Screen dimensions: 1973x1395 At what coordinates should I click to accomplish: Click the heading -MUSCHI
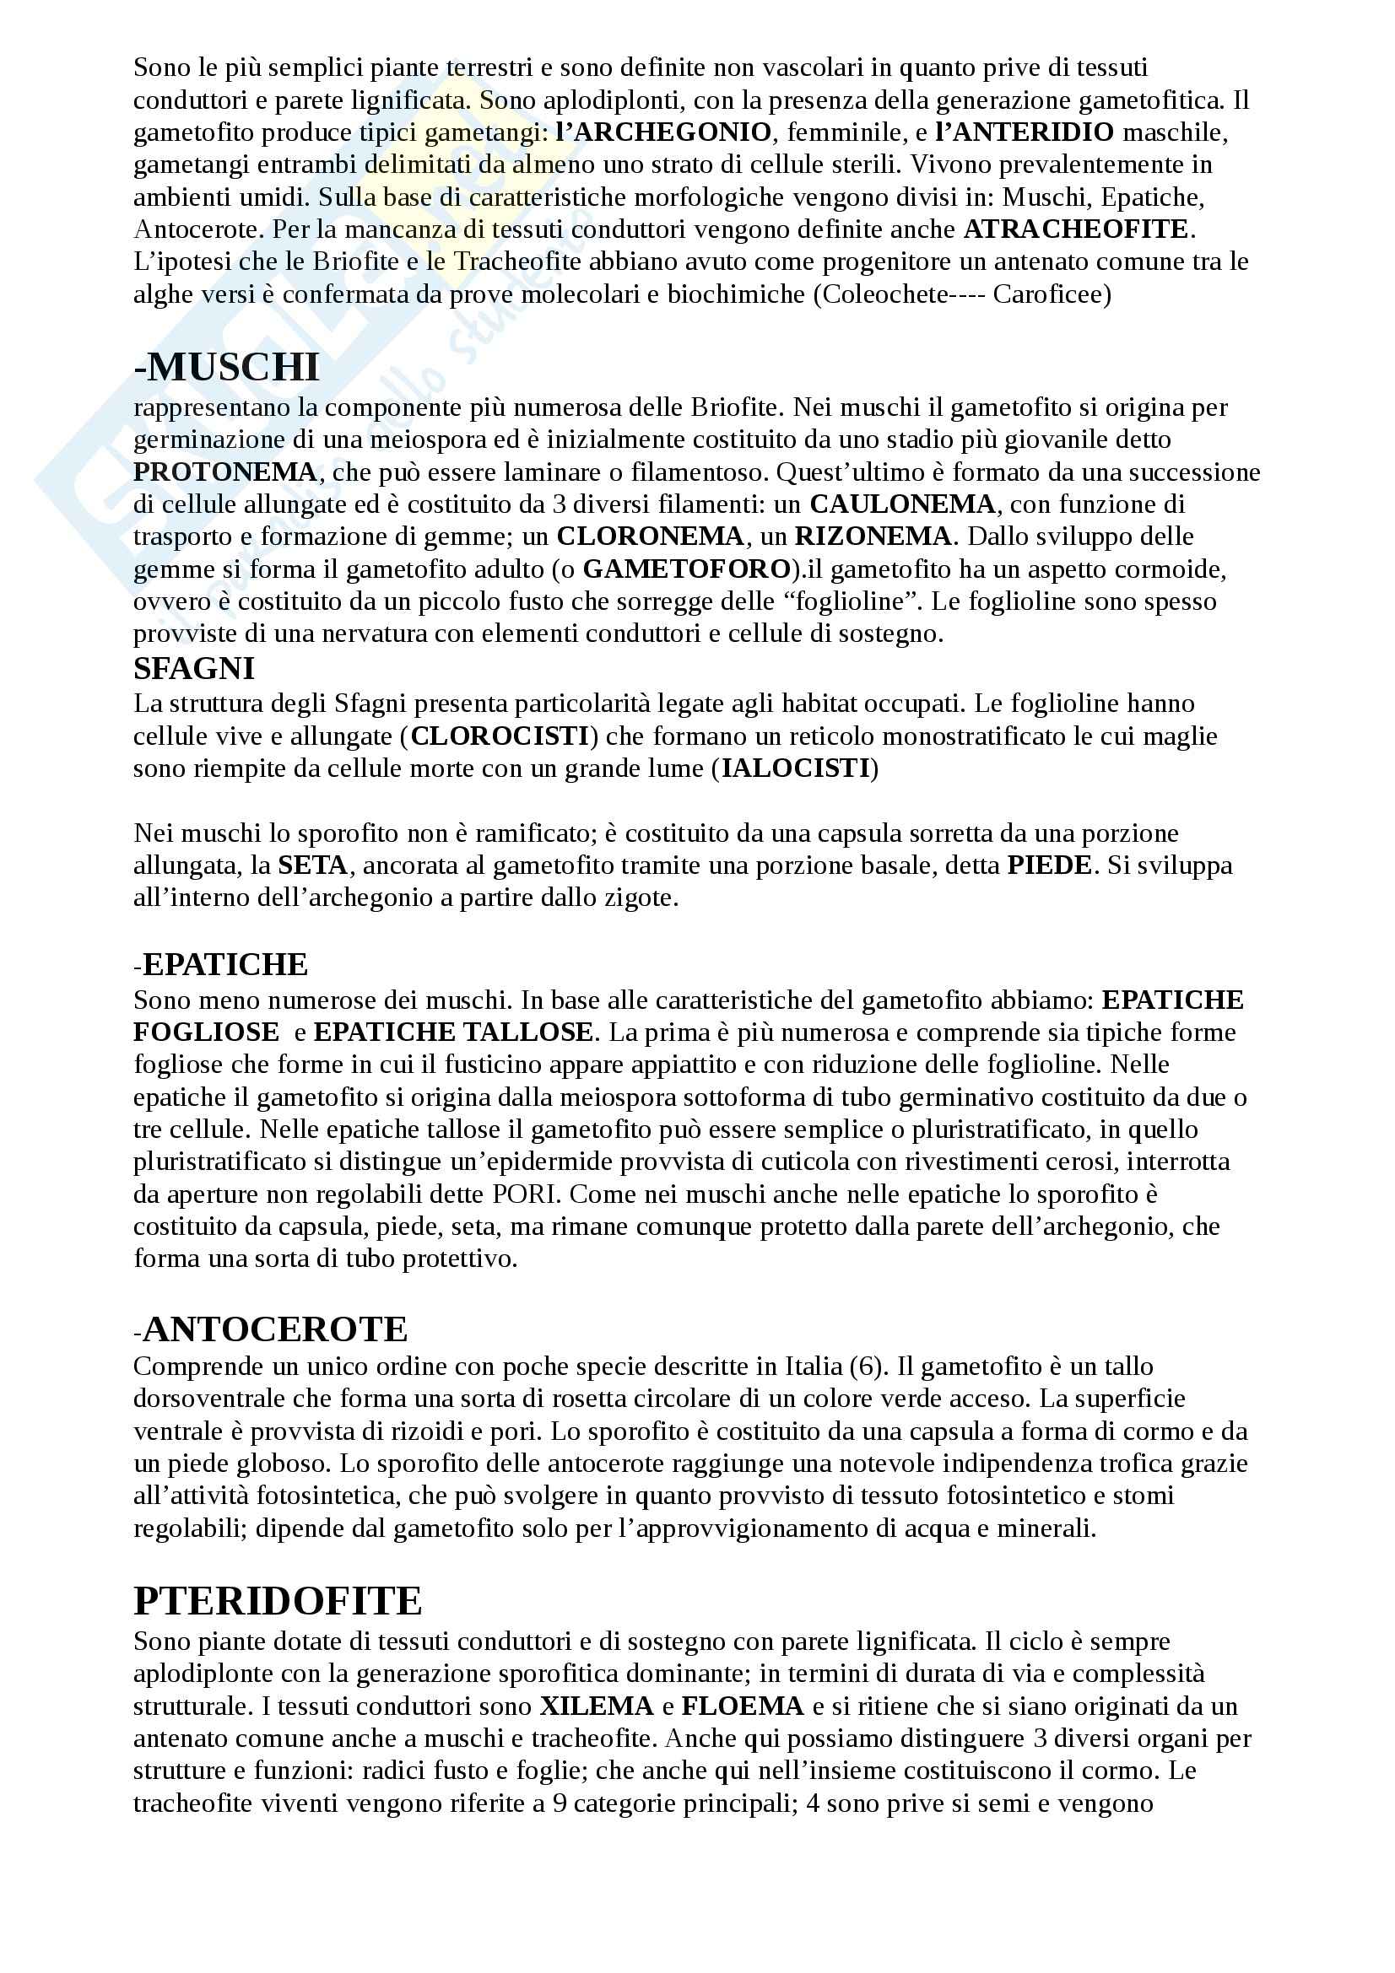pos(227,368)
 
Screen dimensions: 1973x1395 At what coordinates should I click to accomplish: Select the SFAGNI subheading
pos(194,668)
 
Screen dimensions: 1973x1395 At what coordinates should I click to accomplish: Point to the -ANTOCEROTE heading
pos(271,1329)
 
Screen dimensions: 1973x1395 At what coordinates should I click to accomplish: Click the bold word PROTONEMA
pos(225,472)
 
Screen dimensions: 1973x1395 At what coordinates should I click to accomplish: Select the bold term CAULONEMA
pos(902,504)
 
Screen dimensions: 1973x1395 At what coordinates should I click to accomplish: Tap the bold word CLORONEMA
pos(650,536)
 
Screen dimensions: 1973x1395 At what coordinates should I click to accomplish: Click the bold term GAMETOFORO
pos(687,569)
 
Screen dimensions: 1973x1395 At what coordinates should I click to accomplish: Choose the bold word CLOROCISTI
pos(500,736)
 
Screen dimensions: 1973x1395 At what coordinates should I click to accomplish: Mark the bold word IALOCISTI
pos(796,768)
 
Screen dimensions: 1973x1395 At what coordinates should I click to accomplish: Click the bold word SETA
pos(313,865)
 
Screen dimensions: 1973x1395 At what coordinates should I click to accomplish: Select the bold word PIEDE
pos(1050,865)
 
